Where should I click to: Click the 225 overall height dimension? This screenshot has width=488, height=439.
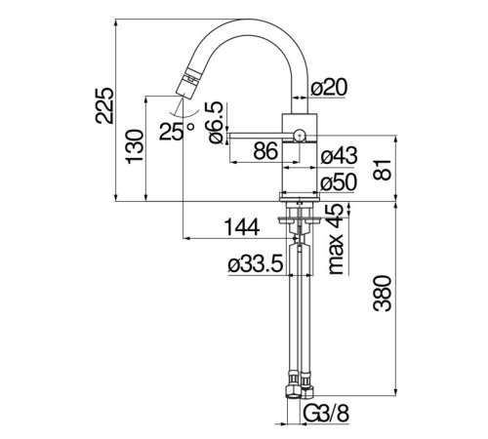pyautogui.click(x=104, y=105)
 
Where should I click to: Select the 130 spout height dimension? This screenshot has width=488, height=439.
pyautogui.click(x=135, y=146)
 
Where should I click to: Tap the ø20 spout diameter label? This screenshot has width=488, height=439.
pyautogui.click(x=329, y=87)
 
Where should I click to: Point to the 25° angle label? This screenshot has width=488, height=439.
pyautogui.click(x=177, y=132)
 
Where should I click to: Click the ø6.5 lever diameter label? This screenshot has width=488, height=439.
pyautogui.click(x=216, y=122)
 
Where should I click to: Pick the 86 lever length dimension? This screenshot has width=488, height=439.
pyautogui.click(x=265, y=151)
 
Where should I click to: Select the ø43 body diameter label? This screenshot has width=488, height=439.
pyautogui.click(x=339, y=155)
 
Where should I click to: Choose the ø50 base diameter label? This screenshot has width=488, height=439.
pyautogui.click(x=339, y=181)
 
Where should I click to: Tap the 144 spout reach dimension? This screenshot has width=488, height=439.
pyautogui.click(x=242, y=227)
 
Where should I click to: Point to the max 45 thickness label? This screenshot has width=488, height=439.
pyautogui.click(x=336, y=239)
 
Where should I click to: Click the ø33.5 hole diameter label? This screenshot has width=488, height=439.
pyautogui.click(x=256, y=264)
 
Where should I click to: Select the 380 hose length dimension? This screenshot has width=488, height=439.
pyautogui.click(x=383, y=294)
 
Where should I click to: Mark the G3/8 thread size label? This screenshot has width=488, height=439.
pyautogui.click(x=326, y=414)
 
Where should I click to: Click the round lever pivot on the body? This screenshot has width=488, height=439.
pyautogui.click(x=300, y=135)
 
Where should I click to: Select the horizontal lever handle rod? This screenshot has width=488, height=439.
pyautogui.click(x=261, y=136)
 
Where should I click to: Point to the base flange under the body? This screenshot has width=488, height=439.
pyautogui.click(x=300, y=196)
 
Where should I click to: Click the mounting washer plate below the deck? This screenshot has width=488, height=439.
pyautogui.click(x=300, y=220)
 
